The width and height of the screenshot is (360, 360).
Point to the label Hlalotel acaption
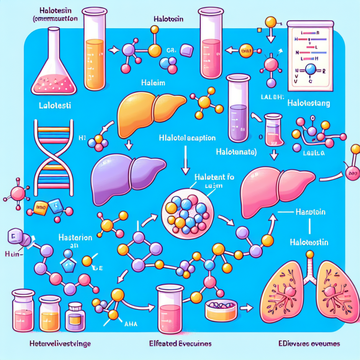click(188, 137)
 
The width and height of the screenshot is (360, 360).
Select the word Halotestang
click(312, 102)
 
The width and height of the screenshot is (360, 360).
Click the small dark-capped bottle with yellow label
click(75, 316)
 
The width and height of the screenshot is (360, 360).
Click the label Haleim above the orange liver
click(154, 83)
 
